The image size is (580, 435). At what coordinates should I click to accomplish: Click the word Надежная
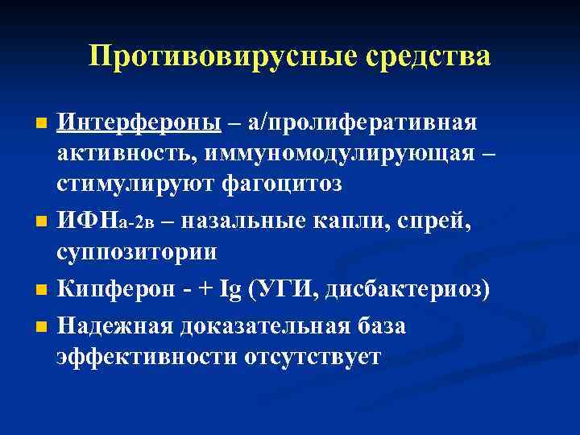point(112,325)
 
